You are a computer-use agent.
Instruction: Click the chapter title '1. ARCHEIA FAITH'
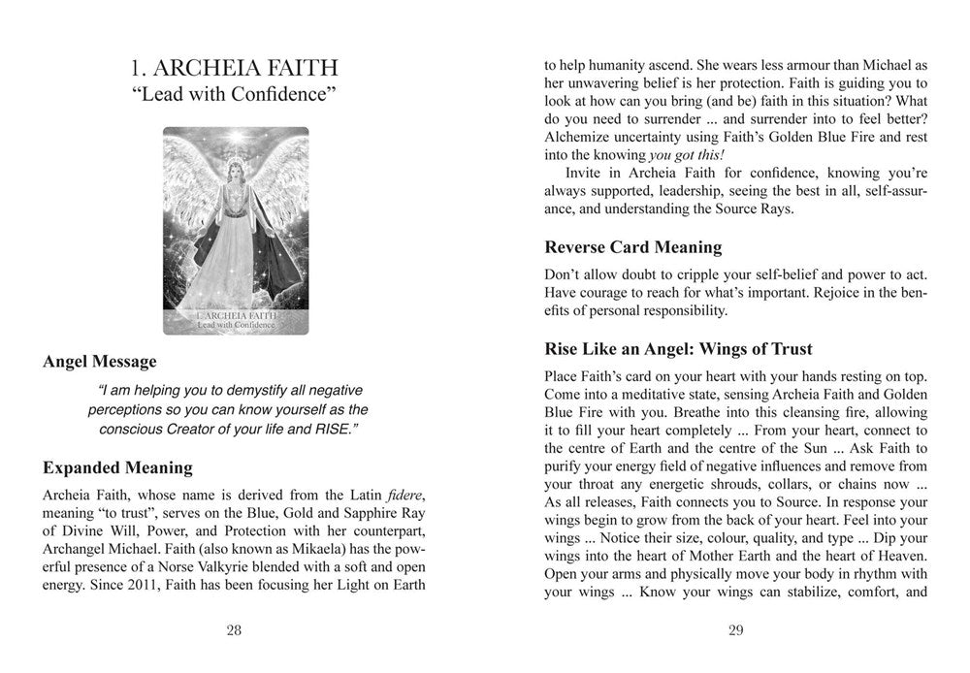(x=234, y=68)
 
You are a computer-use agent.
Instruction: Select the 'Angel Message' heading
(x=99, y=362)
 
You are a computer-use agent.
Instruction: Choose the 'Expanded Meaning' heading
(x=117, y=468)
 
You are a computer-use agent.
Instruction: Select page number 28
(x=234, y=630)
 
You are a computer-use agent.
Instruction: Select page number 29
(x=734, y=630)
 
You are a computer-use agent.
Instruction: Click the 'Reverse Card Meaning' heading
(x=632, y=247)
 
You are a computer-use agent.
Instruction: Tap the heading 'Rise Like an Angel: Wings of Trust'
(x=678, y=348)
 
